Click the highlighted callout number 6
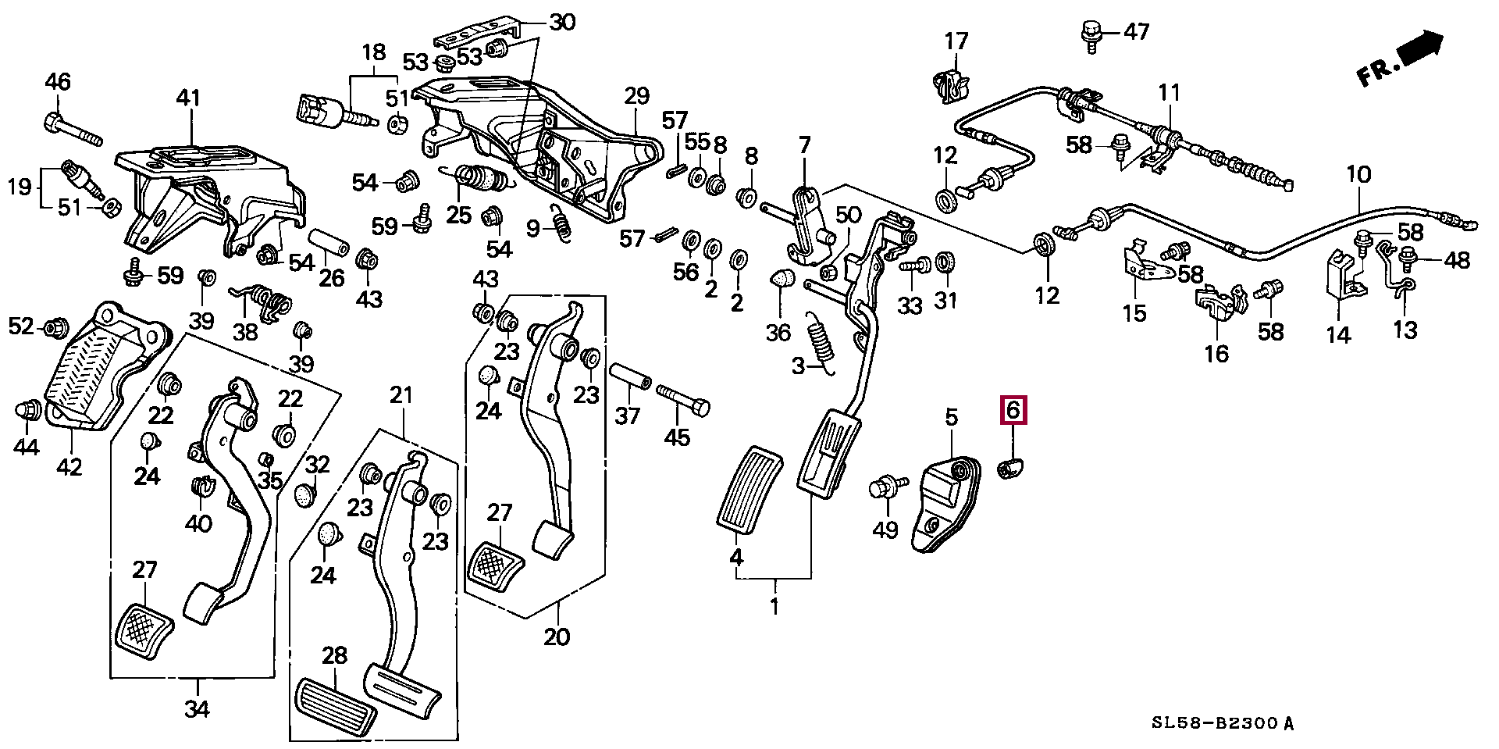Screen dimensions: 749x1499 tap(1013, 410)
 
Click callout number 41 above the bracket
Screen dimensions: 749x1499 tap(188, 98)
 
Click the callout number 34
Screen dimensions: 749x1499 tap(197, 709)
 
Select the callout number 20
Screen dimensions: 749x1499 tap(557, 637)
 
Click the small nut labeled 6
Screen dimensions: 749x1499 tap(1013, 469)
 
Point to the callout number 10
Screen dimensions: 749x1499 tap(1358, 174)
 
